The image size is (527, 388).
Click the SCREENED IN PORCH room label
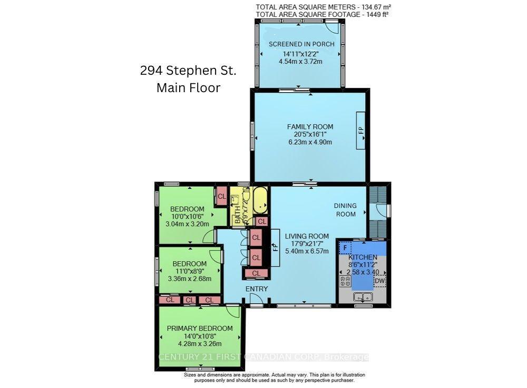point(301,44)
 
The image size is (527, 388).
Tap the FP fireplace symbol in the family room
point(362,130)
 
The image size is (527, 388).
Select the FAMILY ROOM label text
point(310,126)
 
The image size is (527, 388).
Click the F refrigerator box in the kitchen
point(344,246)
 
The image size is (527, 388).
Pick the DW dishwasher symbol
point(379,282)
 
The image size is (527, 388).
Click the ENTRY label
point(257,289)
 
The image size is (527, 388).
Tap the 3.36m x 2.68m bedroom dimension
point(188,278)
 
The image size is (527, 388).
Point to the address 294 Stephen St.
point(188,71)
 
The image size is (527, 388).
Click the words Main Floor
point(188,87)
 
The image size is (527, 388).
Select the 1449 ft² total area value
point(377,14)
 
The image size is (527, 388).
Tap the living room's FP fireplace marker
point(274,247)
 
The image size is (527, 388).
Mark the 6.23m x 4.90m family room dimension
point(310,142)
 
